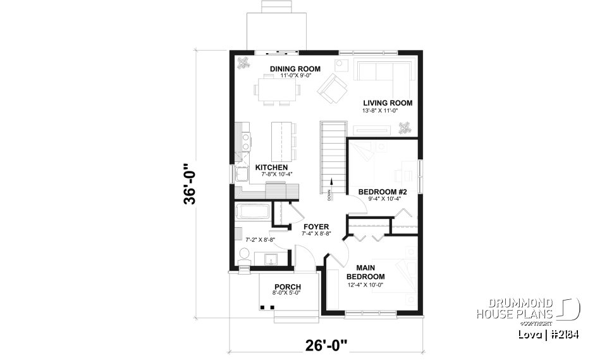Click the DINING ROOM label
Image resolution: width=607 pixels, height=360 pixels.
pos(295,69)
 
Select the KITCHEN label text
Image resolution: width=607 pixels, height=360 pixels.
pos(271,168)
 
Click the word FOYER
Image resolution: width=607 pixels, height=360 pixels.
pos(316,227)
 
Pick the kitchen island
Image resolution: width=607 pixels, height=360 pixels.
pos(279,140)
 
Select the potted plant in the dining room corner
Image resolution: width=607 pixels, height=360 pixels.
pos(243,62)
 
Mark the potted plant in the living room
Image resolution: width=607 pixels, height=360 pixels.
pos(403,130)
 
